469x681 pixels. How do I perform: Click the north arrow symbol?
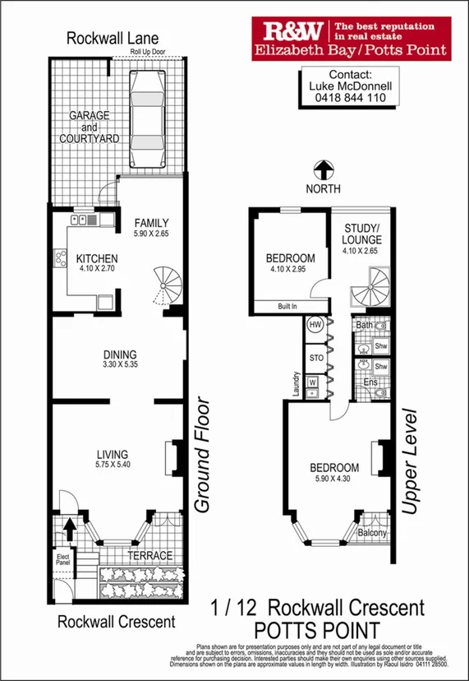pyautogui.click(x=324, y=170)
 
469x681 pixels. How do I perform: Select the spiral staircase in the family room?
pyautogui.click(x=169, y=288)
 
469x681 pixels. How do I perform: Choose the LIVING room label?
pyautogui.click(x=113, y=453)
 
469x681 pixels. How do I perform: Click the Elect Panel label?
pyautogui.click(x=63, y=561)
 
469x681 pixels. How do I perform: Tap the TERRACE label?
pyautogui.click(x=149, y=555)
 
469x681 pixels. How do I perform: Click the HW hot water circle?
pyautogui.click(x=314, y=325)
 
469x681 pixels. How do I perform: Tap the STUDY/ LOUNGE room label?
pyautogui.click(x=362, y=234)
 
